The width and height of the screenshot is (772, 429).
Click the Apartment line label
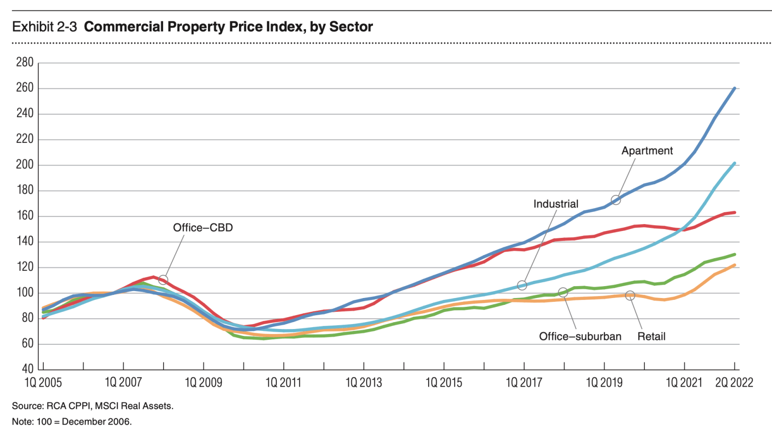point(647,151)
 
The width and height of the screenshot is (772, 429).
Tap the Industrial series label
point(556,204)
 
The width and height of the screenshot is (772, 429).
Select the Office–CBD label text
point(202,228)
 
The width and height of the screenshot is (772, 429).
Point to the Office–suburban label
point(580,336)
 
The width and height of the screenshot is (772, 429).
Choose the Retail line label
point(651,336)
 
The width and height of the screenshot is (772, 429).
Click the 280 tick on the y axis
point(25,63)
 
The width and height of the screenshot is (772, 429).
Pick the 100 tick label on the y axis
point(25,293)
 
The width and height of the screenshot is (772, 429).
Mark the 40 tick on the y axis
point(28,369)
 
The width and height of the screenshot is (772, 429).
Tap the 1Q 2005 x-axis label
point(43,383)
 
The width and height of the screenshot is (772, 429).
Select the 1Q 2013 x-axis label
point(364,383)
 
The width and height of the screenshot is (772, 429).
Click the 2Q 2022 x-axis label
point(734,383)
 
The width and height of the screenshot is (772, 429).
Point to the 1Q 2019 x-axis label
point(604,383)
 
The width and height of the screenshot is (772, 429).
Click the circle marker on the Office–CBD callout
point(163,280)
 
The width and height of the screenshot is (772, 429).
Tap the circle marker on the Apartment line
point(616,200)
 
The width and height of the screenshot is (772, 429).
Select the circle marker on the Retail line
point(630,296)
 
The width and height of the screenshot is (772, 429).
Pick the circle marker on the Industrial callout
point(522,285)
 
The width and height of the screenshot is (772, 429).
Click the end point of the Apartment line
point(735,88)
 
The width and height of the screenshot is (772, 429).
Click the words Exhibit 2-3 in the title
point(44,27)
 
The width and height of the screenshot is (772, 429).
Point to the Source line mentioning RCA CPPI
point(93,406)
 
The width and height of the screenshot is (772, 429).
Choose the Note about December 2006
point(72,422)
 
